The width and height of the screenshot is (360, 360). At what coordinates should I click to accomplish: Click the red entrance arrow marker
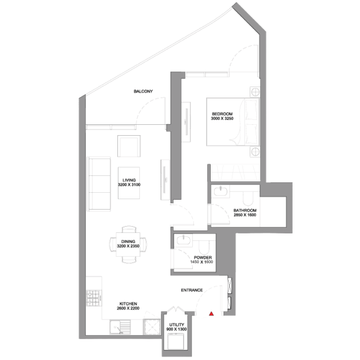pyautogui.click(x=211, y=314)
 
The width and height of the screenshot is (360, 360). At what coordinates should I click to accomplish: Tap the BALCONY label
pyautogui.click(x=143, y=91)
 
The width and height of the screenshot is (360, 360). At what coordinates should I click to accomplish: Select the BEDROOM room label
pyautogui.click(x=222, y=114)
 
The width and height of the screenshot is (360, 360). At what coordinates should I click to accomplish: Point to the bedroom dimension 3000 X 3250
pyautogui.click(x=222, y=118)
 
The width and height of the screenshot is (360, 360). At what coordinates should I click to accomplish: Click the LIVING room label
pyautogui.click(x=129, y=180)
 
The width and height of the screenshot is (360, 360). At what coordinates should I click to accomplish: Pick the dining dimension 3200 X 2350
pyautogui.click(x=128, y=246)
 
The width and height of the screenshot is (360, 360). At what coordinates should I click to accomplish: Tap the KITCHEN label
pyautogui.click(x=128, y=304)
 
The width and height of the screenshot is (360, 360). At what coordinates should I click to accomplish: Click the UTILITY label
pyautogui.click(x=177, y=325)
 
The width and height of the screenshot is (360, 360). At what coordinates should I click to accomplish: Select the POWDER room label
pyautogui.click(x=203, y=258)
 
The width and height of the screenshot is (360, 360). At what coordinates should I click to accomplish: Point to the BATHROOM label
pyautogui.click(x=245, y=210)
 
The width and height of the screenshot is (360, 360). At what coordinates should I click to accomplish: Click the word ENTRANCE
pyautogui.click(x=192, y=290)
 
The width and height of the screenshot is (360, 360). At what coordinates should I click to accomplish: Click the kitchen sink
pyautogui.click(x=120, y=327)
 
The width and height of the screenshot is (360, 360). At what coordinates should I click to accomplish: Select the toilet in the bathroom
pyautogui.click(x=248, y=198)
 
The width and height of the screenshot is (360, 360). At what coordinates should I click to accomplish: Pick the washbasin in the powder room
pyautogui.click(x=183, y=240)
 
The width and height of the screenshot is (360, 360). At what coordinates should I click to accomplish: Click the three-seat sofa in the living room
pyautogui.click(x=99, y=184)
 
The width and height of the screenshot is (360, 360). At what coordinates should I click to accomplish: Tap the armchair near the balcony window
pyautogui.click(x=129, y=146)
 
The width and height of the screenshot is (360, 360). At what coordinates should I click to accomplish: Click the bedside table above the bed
pyautogui.click(x=255, y=92)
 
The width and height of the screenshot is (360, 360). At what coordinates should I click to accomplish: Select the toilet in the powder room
pyautogui.click(x=204, y=247)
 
